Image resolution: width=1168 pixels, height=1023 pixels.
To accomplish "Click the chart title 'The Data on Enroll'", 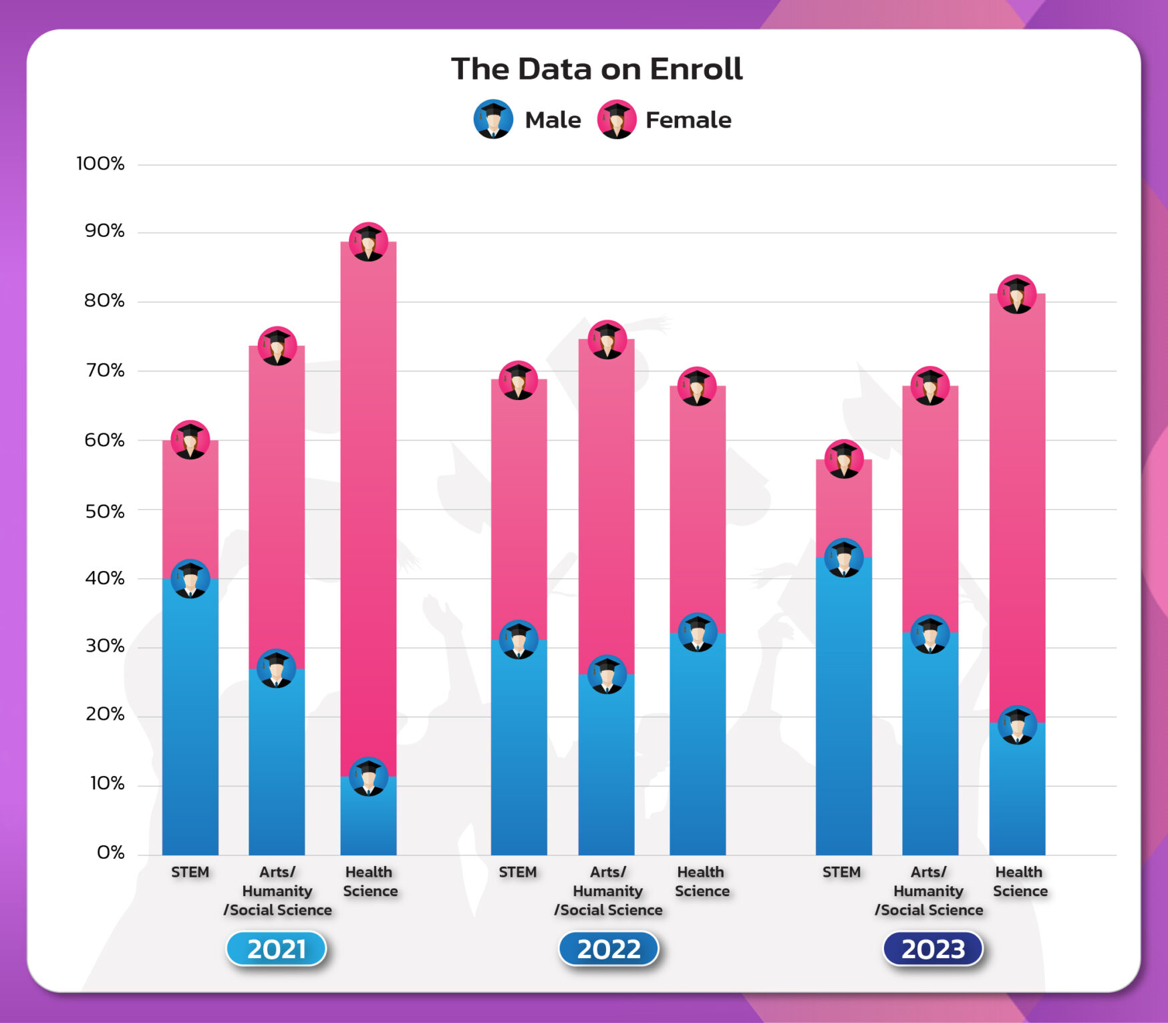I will tap(596, 69).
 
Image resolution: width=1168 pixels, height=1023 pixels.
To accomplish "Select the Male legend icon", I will tap(493, 120).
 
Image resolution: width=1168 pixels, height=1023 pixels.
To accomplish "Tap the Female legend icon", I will tap(616, 120).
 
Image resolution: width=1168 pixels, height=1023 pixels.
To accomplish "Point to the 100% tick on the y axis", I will tap(100, 164).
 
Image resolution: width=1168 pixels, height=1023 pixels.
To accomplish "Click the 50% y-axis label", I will tap(104, 511).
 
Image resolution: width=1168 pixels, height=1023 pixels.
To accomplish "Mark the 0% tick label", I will tap(110, 853).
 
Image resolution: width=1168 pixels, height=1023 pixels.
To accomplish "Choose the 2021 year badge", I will tap(276, 949).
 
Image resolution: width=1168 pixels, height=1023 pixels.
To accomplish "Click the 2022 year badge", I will tap(608, 949).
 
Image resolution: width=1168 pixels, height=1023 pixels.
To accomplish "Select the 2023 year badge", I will tap(933, 949).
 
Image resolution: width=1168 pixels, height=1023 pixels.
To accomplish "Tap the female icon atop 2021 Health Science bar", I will tap(368, 242).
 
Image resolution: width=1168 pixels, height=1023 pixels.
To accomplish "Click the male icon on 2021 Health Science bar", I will tap(368, 777).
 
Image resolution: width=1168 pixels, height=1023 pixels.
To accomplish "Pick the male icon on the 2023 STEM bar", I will tap(843, 558).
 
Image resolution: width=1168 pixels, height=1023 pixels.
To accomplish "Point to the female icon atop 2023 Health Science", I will tap(1017, 294).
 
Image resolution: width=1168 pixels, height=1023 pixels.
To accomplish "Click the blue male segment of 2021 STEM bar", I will tap(190, 721).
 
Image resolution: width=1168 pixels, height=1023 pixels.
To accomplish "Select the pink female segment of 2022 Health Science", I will tap(698, 507).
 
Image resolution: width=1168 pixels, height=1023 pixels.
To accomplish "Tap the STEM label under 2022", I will tap(518, 872).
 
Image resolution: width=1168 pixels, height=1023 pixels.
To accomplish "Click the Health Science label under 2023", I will tap(1020, 881).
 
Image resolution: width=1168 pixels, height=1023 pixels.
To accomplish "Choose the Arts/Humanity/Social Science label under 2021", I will tap(277, 891).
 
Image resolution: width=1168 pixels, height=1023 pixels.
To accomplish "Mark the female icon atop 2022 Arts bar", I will tap(607, 339).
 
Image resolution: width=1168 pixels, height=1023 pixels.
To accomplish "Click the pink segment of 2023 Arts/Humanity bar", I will tap(930, 507).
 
